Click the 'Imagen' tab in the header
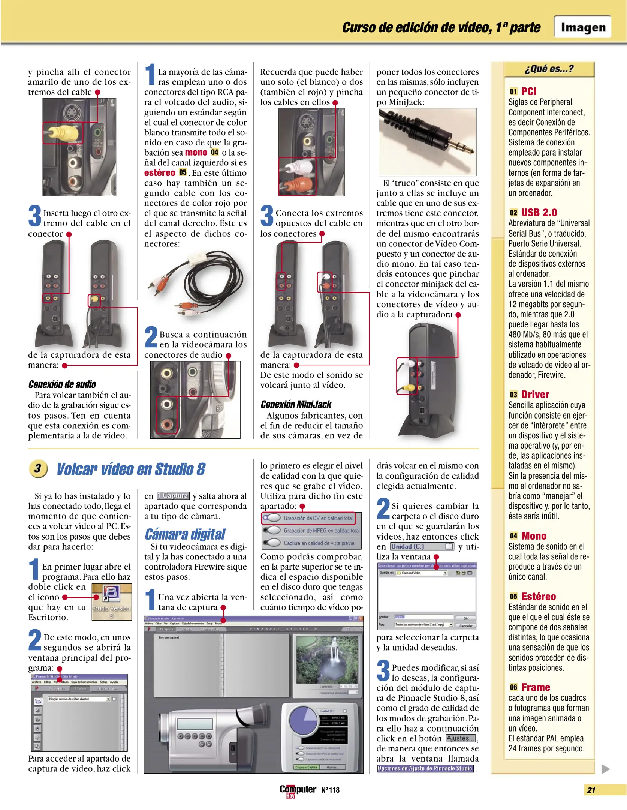tap(583, 27)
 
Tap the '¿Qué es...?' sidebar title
tap(549, 69)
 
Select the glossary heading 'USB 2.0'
tap(539, 213)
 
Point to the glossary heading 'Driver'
tap(535, 394)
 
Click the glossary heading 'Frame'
tap(536, 687)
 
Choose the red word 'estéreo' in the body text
tap(160, 173)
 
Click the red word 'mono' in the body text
tap(196, 153)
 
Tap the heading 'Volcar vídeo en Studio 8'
tap(131, 469)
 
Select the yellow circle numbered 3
tap(38, 469)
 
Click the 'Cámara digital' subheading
tap(185, 534)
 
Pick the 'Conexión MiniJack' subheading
tap(296, 404)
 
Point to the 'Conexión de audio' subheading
tap(62, 384)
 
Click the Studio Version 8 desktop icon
tap(111, 601)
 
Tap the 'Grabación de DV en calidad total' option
tap(318, 518)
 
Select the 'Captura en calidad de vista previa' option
tap(319, 543)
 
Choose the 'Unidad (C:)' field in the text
tap(422, 547)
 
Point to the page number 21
tap(591, 790)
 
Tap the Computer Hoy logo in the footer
tap(298, 790)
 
